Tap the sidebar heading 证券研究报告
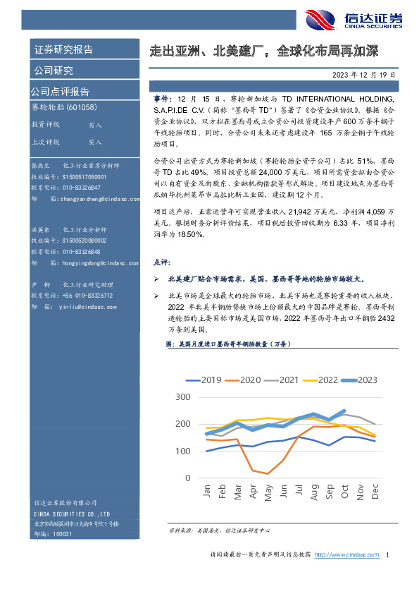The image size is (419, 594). pyautogui.click(x=63, y=50)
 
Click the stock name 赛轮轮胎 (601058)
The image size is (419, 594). pyautogui.click(x=64, y=107)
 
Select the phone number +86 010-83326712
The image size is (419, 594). pyautogui.click(x=82, y=295)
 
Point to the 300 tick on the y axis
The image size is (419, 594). pyautogui.click(x=182, y=397)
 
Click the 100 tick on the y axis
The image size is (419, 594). pyautogui.click(x=182, y=451)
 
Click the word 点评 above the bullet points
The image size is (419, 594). pyautogui.click(x=161, y=262)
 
